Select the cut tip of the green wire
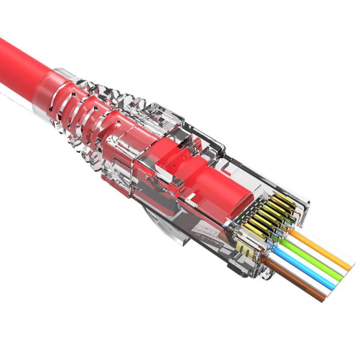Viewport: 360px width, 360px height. pos(342,276)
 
